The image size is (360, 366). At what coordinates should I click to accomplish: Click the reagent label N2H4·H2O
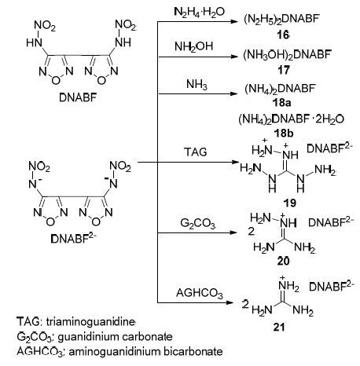tap(199, 12)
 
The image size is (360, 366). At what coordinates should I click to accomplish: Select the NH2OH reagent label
tap(194, 47)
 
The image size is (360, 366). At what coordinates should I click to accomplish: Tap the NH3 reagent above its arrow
tap(197, 85)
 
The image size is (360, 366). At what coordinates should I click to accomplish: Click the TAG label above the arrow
tap(196, 152)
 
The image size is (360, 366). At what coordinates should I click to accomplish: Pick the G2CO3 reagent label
tap(198, 224)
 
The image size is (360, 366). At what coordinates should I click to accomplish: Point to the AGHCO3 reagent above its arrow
tap(200, 293)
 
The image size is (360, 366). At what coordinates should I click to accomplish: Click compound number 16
tap(283, 35)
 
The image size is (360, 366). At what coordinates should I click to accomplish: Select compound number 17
tap(284, 70)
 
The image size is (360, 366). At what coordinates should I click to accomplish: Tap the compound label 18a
tap(281, 103)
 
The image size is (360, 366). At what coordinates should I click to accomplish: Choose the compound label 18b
tap(283, 134)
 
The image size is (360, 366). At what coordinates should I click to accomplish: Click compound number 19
tap(289, 203)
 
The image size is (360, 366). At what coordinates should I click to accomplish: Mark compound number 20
tap(283, 261)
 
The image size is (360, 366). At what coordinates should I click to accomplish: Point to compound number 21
tap(279, 327)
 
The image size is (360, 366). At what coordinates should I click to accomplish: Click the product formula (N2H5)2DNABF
tap(281, 20)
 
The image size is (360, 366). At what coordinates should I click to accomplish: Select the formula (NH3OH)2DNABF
tap(287, 55)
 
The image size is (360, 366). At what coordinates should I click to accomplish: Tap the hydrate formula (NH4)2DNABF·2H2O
tap(291, 119)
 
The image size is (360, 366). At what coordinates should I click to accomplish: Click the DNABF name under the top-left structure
tap(78, 97)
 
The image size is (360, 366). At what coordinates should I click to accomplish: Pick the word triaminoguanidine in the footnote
tap(90, 322)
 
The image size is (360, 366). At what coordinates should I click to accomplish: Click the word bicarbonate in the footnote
tap(193, 351)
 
